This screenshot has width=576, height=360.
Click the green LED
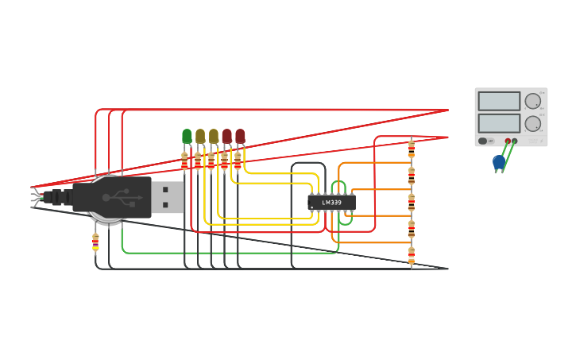(187, 136)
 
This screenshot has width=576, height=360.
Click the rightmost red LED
(240, 136)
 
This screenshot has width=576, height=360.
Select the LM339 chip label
(332, 203)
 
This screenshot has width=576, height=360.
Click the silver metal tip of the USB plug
(168, 196)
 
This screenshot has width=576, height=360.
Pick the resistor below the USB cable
(95, 242)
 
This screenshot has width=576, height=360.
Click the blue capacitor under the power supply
(498, 162)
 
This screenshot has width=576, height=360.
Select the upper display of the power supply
(499, 101)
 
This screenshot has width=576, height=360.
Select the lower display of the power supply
(499, 123)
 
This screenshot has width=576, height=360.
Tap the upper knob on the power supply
(532, 101)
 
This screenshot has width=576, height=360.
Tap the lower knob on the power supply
(532, 123)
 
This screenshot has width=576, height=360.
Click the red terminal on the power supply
(508, 141)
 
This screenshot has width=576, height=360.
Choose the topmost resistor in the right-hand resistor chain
(412, 149)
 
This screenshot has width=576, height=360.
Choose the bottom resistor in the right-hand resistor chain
(412, 256)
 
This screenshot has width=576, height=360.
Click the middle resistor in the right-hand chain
(412, 202)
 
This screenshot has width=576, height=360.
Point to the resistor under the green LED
(185, 161)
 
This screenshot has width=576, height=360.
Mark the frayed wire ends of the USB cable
(36, 197)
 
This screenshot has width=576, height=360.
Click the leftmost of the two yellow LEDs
(200, 136)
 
